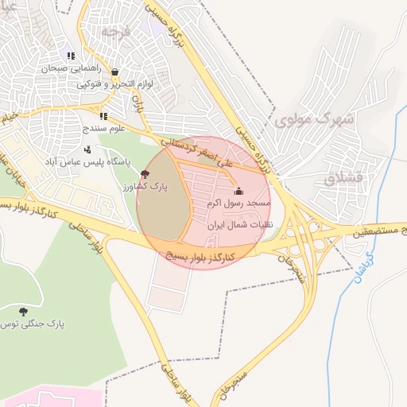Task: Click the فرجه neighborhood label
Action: [115, 31]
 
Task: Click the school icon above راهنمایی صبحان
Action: [71, 56]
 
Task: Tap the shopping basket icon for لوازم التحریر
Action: [115, 72]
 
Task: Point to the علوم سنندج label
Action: [103, 128]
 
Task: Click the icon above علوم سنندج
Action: [103, 116]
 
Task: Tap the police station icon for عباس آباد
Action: [87, 149]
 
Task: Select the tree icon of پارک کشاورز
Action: [144, 173]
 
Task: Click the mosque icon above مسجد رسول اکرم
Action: [238, 192]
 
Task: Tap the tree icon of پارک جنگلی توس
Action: [21, 311]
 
